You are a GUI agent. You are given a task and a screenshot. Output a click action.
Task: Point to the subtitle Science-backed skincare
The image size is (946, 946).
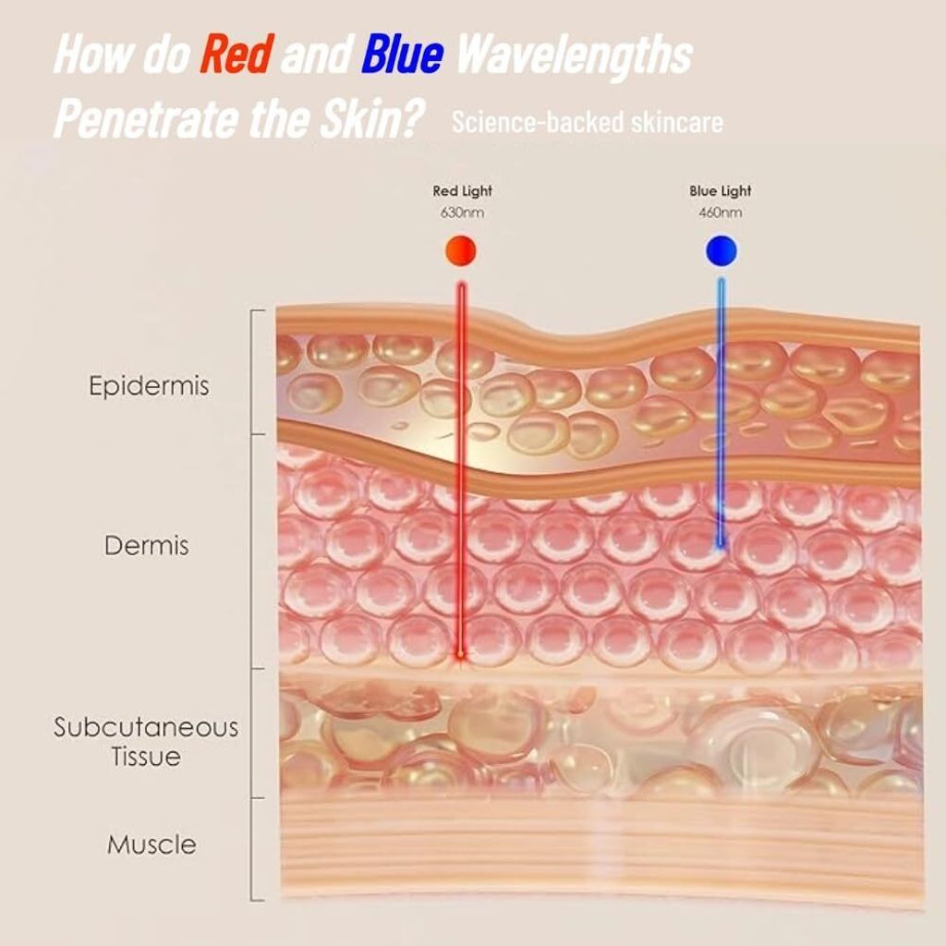pos(587,122)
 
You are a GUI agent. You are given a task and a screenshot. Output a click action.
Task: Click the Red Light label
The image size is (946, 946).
pos(462,191)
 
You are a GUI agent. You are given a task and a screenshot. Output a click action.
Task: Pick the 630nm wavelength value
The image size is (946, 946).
pos(462,213)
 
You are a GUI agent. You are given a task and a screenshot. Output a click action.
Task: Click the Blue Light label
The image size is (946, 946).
pos(721,191)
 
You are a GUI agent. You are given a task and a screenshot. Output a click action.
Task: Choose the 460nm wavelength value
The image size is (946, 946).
pos(721,213)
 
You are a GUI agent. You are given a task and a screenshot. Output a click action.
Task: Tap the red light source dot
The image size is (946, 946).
pos(461,250)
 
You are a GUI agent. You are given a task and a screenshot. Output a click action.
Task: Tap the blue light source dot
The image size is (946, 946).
pos(721,250)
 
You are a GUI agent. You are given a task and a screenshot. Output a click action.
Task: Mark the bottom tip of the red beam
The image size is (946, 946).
pos(461,655)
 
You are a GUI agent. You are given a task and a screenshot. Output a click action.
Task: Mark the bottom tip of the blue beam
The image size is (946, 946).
pos(721,545)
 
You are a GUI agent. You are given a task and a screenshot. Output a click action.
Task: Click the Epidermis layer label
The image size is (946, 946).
pos(149,386)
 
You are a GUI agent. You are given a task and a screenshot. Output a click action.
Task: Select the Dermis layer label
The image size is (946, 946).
pos(147,545)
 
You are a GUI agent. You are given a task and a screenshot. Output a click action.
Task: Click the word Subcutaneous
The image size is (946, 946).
pos(146,727)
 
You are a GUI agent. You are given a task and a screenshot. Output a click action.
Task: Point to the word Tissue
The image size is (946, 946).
pos(146,757)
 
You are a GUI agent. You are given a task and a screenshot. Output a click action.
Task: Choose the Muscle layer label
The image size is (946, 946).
pos(152,844)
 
